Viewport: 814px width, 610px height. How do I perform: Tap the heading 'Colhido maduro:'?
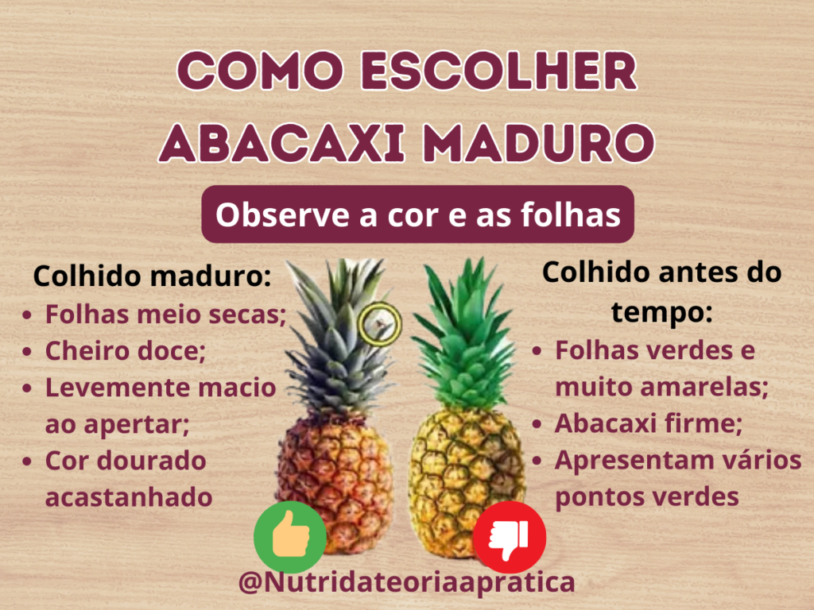152,276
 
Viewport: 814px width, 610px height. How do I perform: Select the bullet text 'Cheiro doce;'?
125,350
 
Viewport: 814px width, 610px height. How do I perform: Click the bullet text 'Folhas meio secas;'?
165,314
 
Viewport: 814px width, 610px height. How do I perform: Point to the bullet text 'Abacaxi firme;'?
648,423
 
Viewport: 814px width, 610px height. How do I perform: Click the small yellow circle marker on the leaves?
380,322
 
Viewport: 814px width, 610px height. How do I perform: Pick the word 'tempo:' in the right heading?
661,311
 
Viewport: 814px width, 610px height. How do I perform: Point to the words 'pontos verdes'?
647,496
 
